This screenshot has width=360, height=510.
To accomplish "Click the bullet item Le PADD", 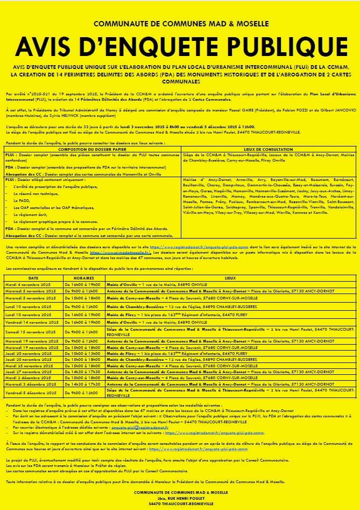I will pos(25,201).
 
